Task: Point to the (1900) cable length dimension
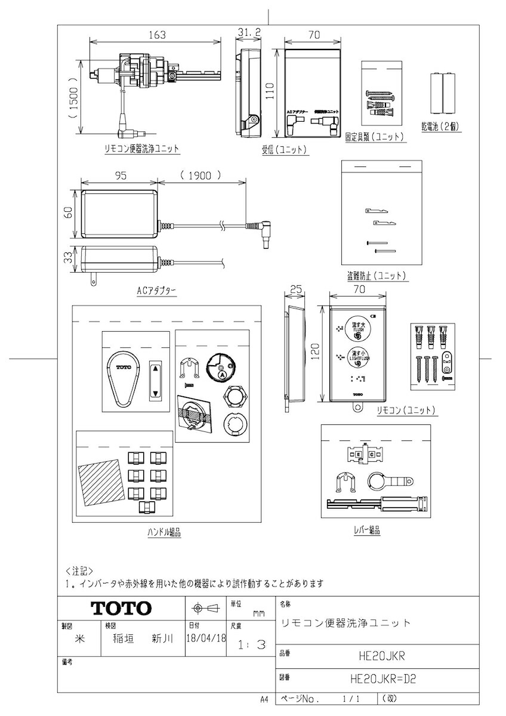(200, 176)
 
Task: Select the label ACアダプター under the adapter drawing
(156, 291)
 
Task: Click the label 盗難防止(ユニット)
(377, 276)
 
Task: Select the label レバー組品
(366, 529)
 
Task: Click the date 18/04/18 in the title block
(206, 638)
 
